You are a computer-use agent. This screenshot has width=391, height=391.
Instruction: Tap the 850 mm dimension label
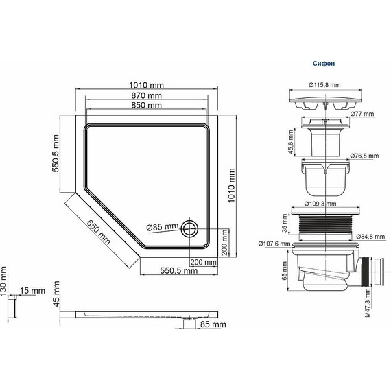(x=146, y=106)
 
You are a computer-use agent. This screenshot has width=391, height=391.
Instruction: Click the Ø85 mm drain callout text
(x=163, y=227)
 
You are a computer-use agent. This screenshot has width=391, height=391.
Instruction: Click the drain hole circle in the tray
(x=189, y=228)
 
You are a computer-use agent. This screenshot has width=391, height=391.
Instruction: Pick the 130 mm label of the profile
(x=4, y=292)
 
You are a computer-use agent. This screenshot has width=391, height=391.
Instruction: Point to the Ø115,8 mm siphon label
(x=324, y=84)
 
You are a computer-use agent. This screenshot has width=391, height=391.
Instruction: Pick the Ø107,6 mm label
(x=274, y=243)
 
